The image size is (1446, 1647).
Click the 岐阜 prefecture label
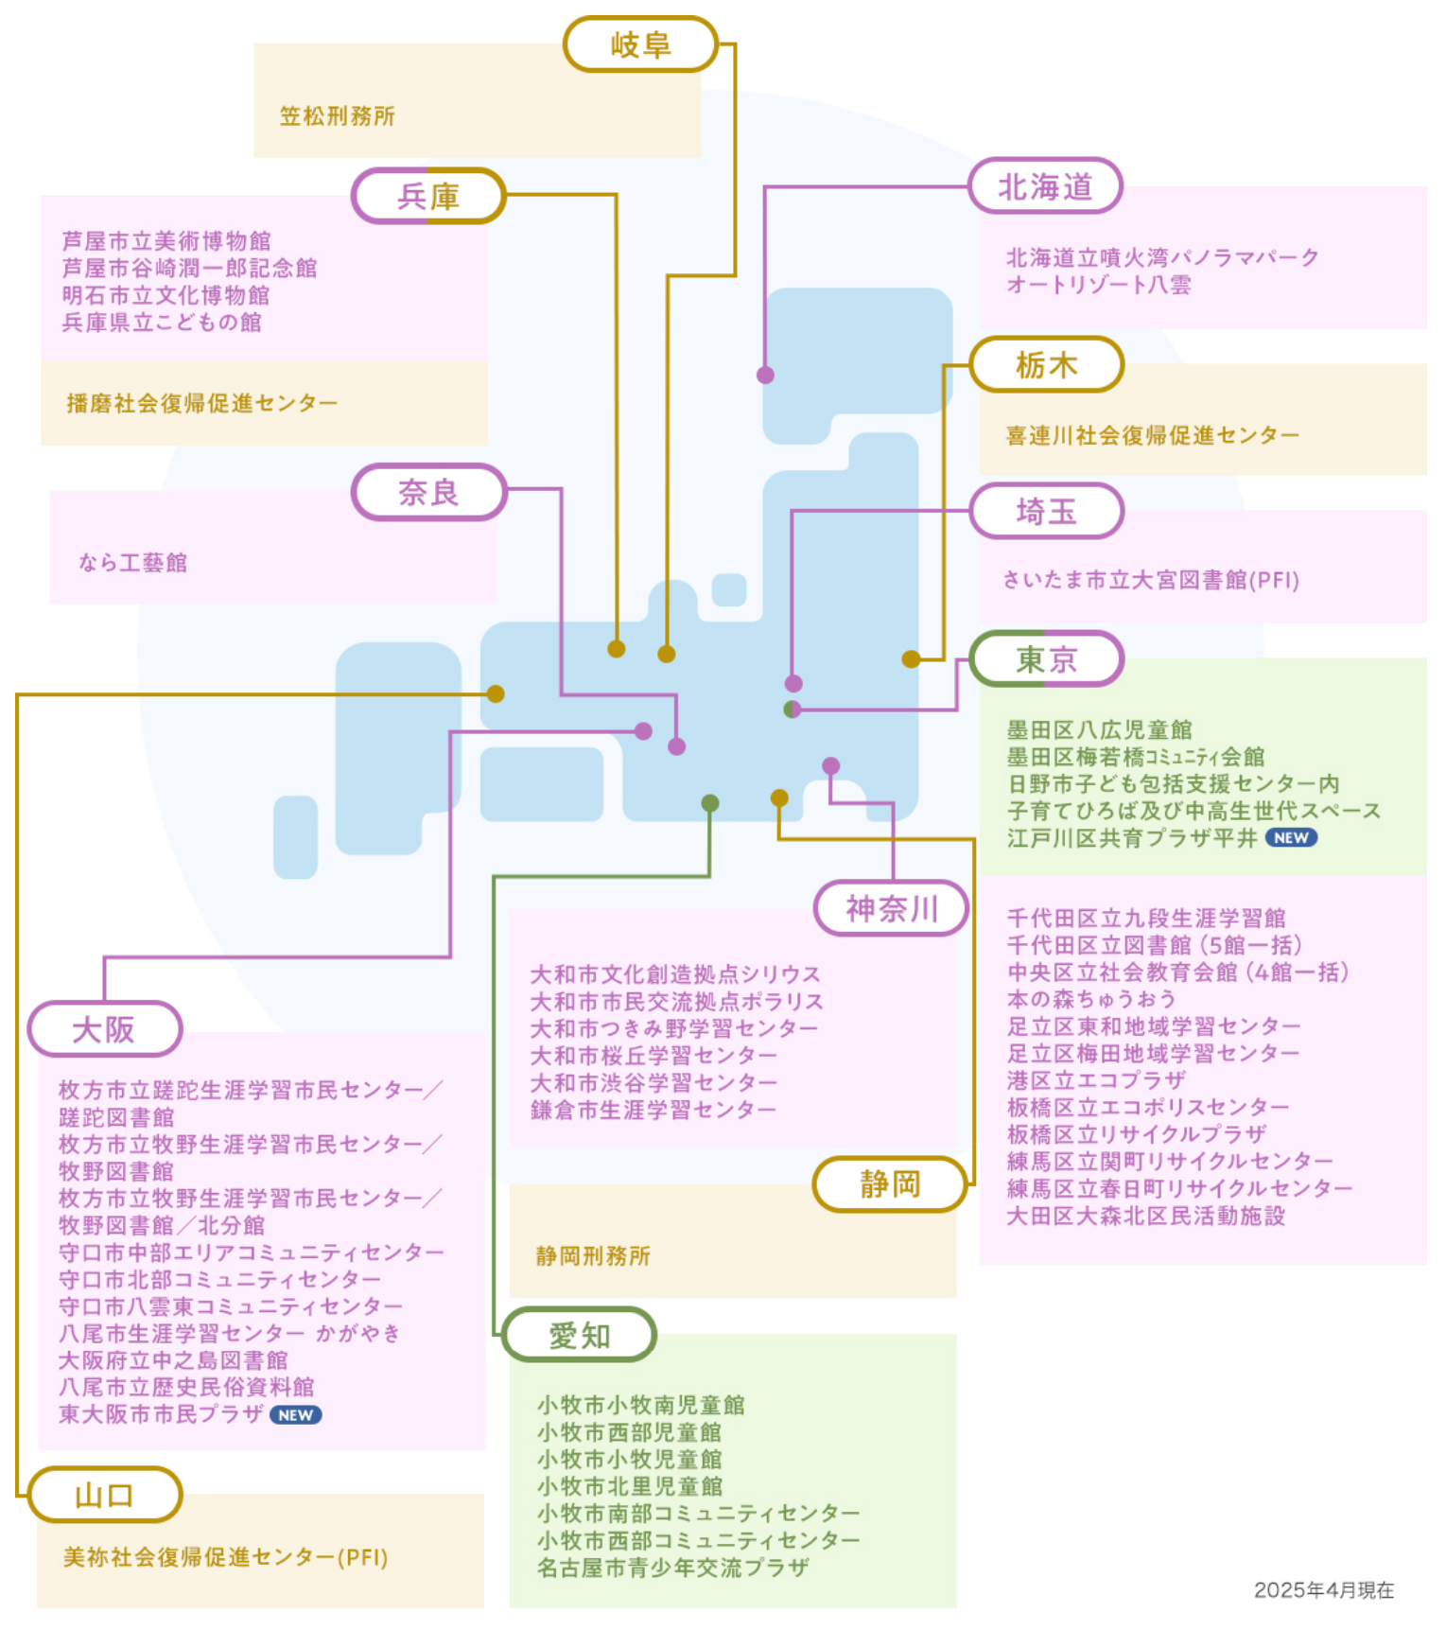click(x=641, y=44)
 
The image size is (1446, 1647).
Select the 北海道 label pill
click(x=1045, y=186)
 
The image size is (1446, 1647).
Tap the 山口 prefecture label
click(x=104, y=1495)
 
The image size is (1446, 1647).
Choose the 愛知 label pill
click(x=580, y=1335)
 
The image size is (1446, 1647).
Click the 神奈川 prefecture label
click(x=892, y=908)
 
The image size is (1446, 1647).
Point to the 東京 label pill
click(x=1046, y=658)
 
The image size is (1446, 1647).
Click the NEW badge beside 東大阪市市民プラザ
click(x=296, y=1415)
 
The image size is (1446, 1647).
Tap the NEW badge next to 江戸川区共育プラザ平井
click(x=1291, y=837)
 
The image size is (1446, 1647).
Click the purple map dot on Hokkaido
click(x=765, y=375)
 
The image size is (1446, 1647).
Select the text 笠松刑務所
click(x=338, y=116)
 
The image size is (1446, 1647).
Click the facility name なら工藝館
click(x=133, y=563)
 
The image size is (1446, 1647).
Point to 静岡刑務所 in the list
click(x=593, y=1255)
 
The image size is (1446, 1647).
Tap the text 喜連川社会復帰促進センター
click(x=1152, y=435)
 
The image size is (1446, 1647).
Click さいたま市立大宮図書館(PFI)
click(x=1151, y=580)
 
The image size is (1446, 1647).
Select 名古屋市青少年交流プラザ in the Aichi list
click(x=673, y=1568)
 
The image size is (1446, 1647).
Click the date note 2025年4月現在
click(x=1323, y=1590)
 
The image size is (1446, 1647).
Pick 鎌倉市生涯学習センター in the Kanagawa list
click(x=653, y=1110)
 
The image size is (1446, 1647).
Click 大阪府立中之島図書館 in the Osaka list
click(x=173, y=1360)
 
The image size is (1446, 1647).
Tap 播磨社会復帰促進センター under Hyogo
click(x=201, y=404)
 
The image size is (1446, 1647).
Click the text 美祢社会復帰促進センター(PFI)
click(x=226, y=1557)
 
